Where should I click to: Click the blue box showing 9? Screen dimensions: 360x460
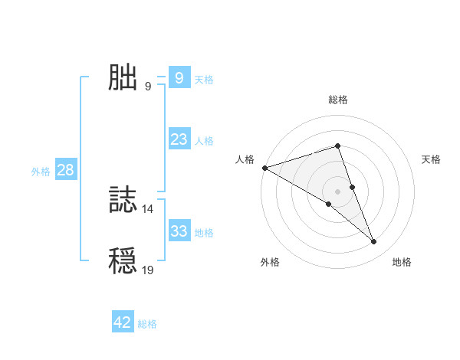pos(179,78)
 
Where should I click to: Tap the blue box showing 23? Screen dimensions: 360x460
pos(179,139)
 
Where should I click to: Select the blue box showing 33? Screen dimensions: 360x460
pos(179,231)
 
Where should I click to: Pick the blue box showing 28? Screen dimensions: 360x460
pos(65,170)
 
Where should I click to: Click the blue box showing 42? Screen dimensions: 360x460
pos(123,322)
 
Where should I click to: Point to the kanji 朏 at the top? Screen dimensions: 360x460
pos(123,78)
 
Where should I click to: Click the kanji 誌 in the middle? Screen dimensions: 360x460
pos(123,201)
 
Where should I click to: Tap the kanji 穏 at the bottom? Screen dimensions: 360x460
pos(123,261)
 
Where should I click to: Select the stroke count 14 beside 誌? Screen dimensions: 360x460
pos(148,208)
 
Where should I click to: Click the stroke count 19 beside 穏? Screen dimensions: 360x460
pos(148,270)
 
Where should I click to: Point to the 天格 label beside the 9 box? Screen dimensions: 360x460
pos(204,80)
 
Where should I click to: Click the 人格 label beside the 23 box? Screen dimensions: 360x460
pos(204,141)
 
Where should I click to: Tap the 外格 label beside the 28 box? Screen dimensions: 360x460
pos(41,172)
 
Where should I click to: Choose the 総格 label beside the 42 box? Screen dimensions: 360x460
pos(147,324)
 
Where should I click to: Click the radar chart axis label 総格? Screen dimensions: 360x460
pos(337,100)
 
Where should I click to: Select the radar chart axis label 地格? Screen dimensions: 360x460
pos(402,262)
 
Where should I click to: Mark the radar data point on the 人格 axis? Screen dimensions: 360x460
pos(264,168)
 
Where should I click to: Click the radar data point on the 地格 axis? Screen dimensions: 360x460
pos(374,241)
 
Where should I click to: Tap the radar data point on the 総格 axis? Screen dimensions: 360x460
pos(337,146)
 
